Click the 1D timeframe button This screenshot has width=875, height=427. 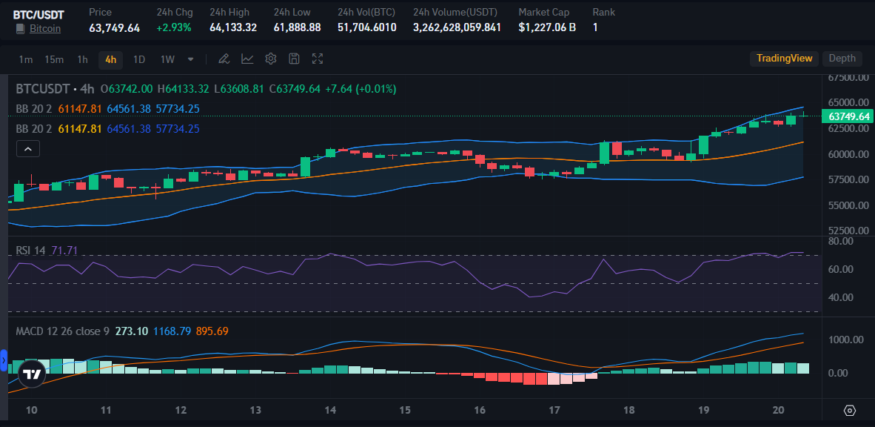(x=138, y=59)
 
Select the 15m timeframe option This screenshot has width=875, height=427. (x=54, y=59)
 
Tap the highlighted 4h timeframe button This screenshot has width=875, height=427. (x=110, y=59)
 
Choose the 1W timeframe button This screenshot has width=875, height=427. (x=167, y=59)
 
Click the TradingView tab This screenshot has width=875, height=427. (x=784, y=59)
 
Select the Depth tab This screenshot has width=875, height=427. (x=842, y=59)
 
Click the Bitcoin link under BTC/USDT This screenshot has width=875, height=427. (x=45, y=29)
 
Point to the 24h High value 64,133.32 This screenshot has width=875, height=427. (x=233, y=27)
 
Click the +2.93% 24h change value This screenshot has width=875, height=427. (x=173, y=27)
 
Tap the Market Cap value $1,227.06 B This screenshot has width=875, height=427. (x=547, y=27)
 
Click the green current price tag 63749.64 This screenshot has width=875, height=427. (x=849, y=116)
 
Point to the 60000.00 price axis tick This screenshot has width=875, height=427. (x=848, y=154)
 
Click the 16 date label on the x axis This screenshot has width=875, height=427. (x=480, y=410)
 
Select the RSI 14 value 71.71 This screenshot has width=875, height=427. (x=64, y=251)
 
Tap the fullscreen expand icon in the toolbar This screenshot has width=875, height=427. (x=318, y=59)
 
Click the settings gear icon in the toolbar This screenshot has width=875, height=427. (x=271, y=59)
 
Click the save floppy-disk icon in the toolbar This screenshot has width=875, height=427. (x=294, y=59)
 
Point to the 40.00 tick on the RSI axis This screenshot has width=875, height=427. (x=842, y=297)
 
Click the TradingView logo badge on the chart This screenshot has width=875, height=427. (x=31, y=374)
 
